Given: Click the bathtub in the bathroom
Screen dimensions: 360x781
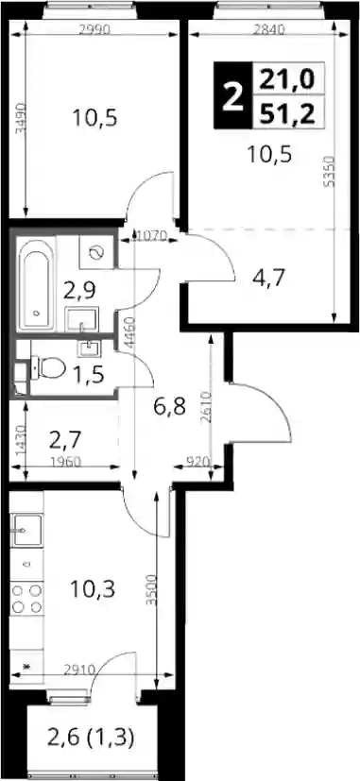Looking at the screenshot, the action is pos(36,283).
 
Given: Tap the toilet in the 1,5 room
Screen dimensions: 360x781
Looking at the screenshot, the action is pos(47,368).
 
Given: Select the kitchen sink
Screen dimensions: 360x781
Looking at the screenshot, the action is pos(28,530).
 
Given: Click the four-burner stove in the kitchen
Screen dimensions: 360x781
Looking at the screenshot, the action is pos(26,599).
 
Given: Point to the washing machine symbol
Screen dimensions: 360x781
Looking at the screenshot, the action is pos(95,253).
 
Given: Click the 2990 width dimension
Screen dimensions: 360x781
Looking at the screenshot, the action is pos(94,29).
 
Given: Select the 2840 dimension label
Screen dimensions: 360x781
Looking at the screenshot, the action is pos(268,29).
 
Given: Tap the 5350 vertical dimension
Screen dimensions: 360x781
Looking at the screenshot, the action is pos(329,171).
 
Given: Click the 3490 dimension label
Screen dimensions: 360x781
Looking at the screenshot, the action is pos(21,118).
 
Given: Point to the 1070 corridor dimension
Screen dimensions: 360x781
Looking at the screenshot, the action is pos(151,235).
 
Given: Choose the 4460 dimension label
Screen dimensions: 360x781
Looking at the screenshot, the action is pos(129,332).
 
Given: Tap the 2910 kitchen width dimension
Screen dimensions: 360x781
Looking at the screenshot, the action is pos(78,670).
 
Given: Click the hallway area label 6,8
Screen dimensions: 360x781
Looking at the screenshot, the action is pos(169,407).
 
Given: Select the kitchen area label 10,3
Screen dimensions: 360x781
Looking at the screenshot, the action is pos(93,589).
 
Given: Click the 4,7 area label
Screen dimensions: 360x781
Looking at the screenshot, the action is pos(268,279).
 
